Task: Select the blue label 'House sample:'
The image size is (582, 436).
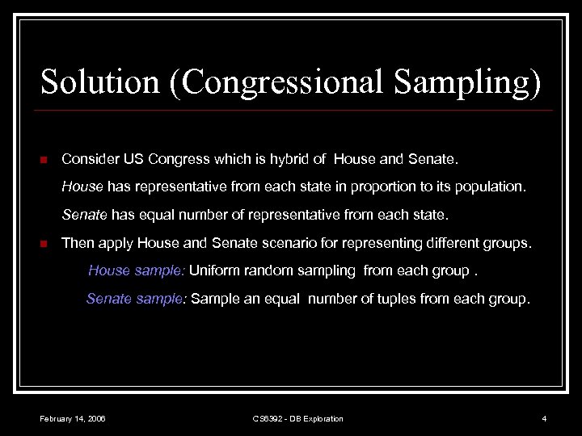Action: coord(137,270)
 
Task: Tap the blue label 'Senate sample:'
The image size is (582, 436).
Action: coord(137,299)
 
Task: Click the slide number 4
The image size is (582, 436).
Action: coord(544,418)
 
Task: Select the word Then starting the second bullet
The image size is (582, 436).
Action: coord(77,242)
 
